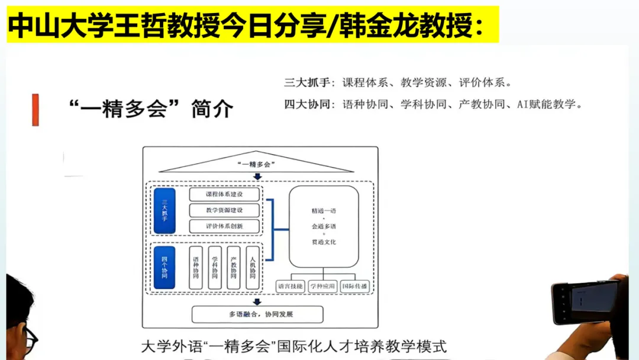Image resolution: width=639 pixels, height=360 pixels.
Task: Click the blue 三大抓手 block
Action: [x=164, y=210]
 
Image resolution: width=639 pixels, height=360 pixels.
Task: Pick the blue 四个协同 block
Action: [x=164, y=268]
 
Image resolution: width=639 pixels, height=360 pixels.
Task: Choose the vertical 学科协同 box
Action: [x=215, y=268]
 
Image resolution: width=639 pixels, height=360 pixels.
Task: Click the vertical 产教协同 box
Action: [x=234, y=268]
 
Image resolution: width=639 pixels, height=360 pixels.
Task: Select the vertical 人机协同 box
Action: [x=253, y=268]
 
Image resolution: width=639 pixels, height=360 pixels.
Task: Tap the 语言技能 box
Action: [x=290, y=287]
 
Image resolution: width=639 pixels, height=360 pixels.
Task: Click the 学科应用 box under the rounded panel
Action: [x=323, y=287]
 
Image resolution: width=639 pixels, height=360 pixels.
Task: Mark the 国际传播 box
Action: [x=355, y=287]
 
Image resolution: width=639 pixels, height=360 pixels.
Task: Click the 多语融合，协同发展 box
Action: [x=257, y=314]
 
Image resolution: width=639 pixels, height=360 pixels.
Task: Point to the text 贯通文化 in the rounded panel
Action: [x=324, y=242]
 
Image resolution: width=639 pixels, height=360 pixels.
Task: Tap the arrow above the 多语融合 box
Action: [x=257, y=301]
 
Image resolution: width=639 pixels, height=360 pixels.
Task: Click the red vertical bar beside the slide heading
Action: [x=35, y=110]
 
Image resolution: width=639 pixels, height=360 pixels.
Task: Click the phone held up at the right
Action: [x=585, y=302]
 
